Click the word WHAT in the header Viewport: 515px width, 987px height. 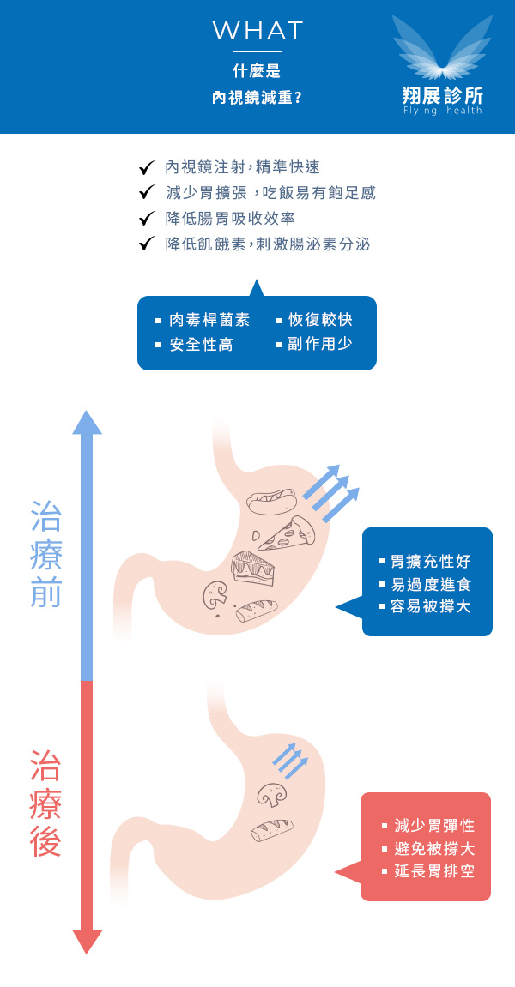pos(257,32)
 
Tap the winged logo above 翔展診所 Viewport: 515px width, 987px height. pos(443,48)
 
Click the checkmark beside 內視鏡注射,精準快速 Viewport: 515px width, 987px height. pos(146,168)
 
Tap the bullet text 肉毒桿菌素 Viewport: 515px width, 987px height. pos(209,320)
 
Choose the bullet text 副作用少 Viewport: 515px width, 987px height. pos(320,345)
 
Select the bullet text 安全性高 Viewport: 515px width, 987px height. pos(201,345)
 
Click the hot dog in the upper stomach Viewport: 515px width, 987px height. pos(271,500)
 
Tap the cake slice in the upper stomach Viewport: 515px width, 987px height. pos(253,568)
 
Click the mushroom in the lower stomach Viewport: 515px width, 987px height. pos(272,795)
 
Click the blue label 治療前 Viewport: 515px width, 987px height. pos(46,553)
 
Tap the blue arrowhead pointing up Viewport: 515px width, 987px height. pos(87,423)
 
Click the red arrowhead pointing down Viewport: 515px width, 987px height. pos(87,941)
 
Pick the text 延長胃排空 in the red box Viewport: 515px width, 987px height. pos(434,871)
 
